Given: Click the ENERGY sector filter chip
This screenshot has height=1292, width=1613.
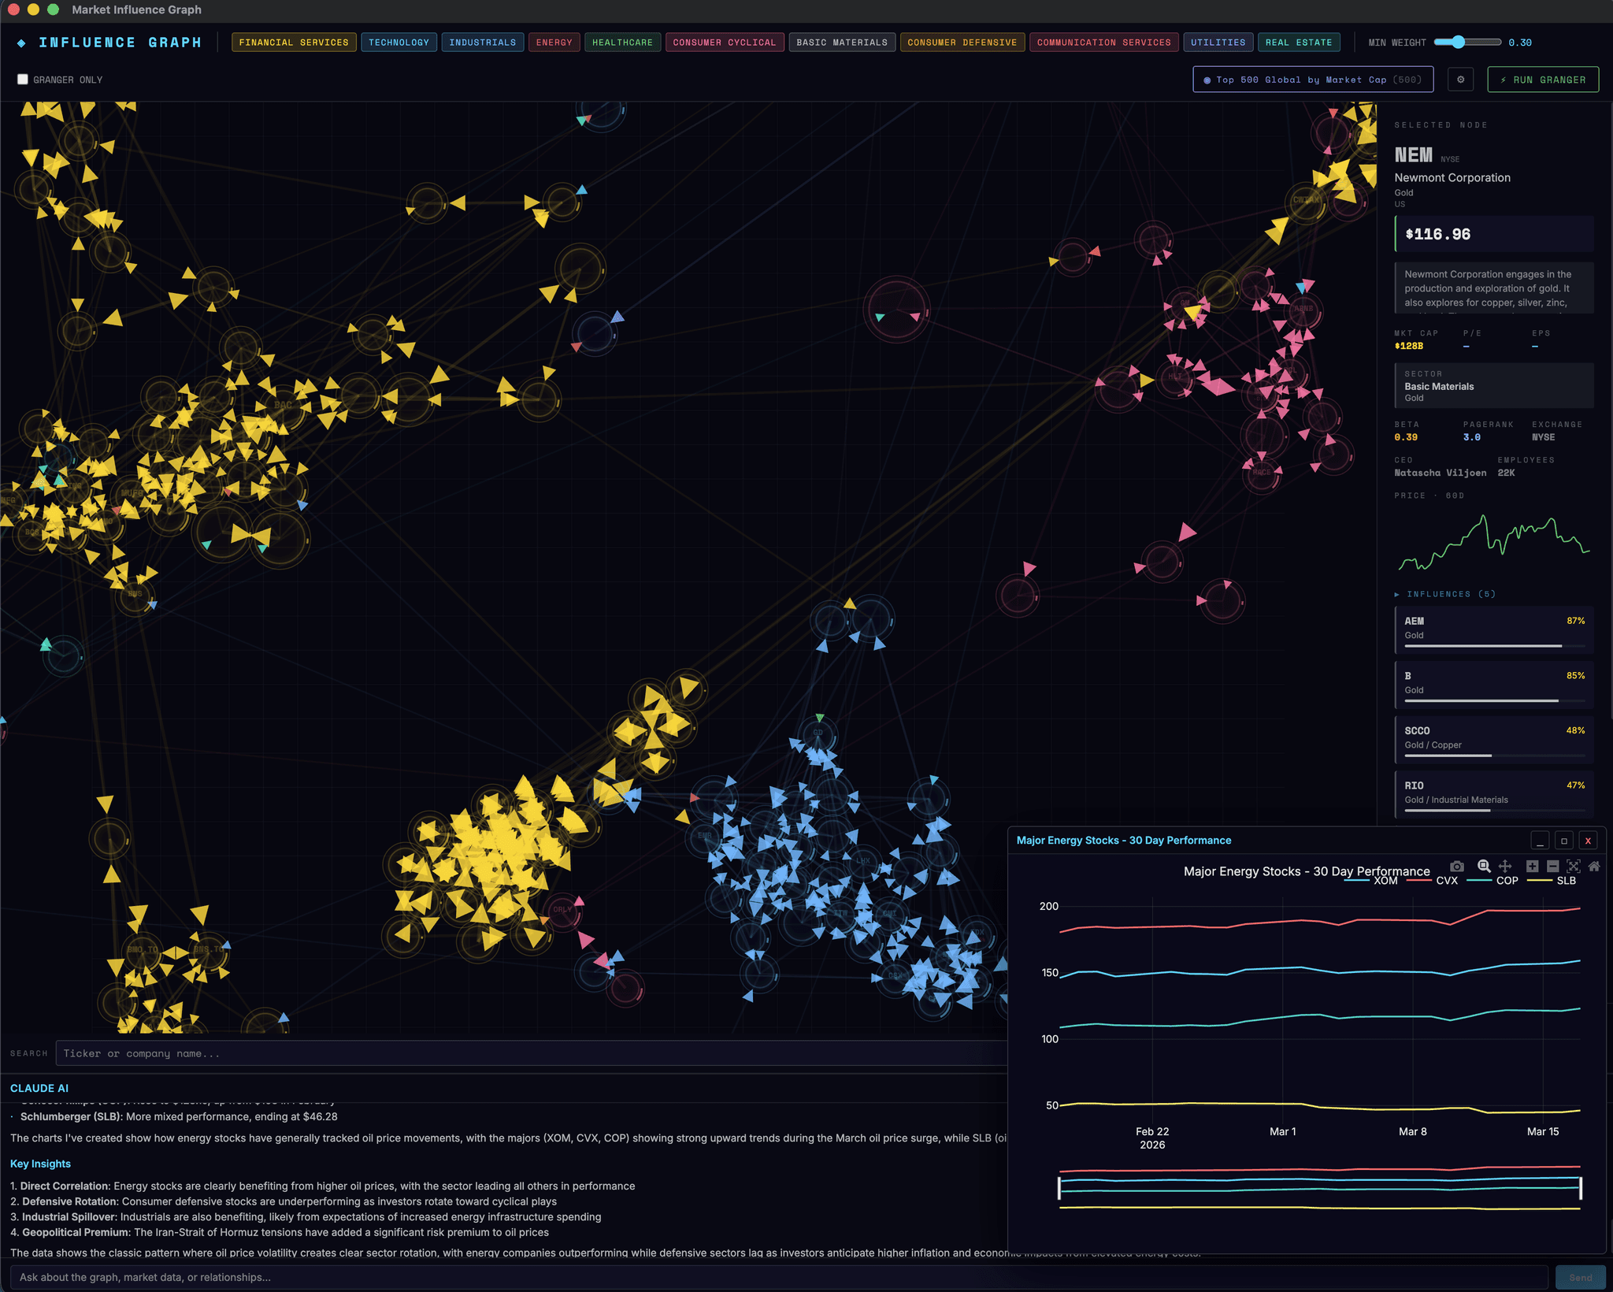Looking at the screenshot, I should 554,43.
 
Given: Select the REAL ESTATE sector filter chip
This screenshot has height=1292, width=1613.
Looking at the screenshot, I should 1298,43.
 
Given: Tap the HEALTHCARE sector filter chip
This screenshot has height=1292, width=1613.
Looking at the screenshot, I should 622,43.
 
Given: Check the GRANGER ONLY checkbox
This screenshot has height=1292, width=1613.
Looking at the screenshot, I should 23,80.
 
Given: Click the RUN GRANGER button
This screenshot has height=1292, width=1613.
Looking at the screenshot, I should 1542,80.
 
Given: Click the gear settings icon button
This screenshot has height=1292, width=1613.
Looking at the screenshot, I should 1460,80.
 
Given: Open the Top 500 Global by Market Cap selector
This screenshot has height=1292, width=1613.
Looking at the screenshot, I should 1312,80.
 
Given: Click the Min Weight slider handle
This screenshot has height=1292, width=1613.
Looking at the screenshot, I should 1458,43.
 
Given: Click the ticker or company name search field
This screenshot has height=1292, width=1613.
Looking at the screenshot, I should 528,1053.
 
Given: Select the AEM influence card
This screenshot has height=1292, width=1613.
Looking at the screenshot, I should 1493,629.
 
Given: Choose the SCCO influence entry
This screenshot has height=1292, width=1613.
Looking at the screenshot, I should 1493,738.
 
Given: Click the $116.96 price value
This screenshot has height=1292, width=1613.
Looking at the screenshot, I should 1437,234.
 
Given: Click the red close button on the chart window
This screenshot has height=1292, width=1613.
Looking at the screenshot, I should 1588,841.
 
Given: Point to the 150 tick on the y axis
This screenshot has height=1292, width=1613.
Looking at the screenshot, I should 1049,973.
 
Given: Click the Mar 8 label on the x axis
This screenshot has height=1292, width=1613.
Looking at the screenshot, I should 1412,1131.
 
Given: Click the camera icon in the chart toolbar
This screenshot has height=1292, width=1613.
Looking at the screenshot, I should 1457,867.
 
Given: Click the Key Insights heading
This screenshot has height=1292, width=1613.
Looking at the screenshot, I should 40,1164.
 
